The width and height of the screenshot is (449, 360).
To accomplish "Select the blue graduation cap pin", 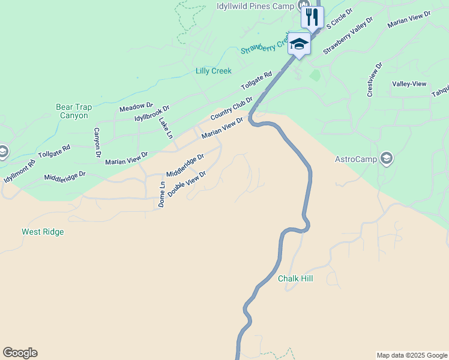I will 299,44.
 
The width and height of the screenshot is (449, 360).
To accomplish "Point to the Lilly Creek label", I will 213,71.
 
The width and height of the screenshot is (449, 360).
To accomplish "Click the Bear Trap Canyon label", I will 74,111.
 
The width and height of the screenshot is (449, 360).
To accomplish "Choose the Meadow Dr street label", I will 136,107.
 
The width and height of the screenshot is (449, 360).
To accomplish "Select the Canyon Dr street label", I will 97,143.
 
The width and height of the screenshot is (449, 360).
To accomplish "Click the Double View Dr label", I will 187,184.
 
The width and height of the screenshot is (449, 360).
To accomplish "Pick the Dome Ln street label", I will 161,194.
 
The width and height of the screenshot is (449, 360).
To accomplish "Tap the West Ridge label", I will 43,232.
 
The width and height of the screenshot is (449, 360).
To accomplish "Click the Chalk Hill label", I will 295,278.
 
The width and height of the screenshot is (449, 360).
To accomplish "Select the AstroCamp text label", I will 355,159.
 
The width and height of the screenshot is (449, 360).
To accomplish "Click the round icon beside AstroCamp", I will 387,158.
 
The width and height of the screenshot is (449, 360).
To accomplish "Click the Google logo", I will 20,353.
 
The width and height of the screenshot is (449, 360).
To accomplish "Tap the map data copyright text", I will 412,355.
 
